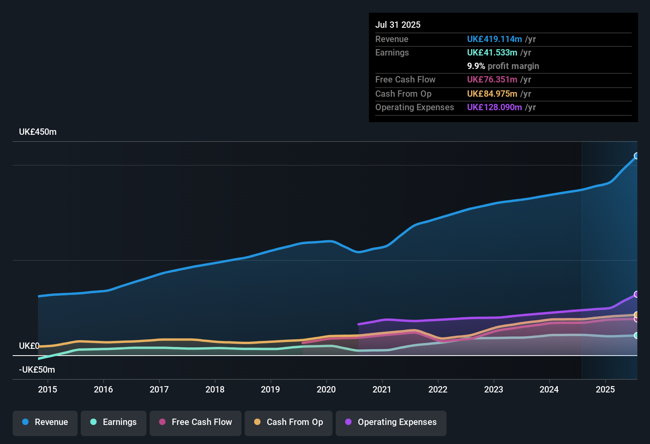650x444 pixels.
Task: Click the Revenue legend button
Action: (x=45, y=423)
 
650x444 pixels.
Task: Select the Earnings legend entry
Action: (x=114, y=423)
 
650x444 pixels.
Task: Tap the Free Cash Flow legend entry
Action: (x=196, y=423)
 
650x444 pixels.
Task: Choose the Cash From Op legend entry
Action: (x=289, y=423)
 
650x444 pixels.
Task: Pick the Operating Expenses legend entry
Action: (x=391, y=423)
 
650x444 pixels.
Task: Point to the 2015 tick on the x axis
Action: (x=48, y=389)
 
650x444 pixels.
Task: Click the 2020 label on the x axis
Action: (x=326, y=389)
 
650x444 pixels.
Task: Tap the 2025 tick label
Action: (x=605, y=389)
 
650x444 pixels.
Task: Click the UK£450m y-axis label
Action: (x=38, y=132)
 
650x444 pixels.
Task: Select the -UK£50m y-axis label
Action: (x=37, y=370)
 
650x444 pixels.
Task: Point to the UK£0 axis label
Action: (x=29, y=346)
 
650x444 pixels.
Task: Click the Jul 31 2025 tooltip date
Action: (x=398, y=25)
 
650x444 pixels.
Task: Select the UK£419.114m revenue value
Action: (x=494, y=39)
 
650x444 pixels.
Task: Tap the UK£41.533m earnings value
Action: (x=492, y=52)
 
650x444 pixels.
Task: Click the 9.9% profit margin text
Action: (x=503, y=66)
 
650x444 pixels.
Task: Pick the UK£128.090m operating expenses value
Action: (x=494, y=107)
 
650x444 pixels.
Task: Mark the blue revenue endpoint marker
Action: (x=637, y=156)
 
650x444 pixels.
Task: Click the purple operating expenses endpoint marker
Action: (x=637, y=294)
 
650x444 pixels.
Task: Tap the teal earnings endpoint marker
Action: (x=637, y=335)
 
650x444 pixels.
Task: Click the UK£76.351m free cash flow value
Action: (x=492, y=79)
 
